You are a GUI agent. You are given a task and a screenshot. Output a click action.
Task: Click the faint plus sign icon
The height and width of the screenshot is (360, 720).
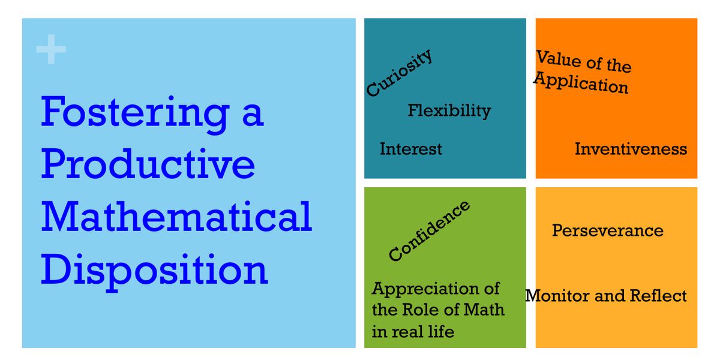point(51,50)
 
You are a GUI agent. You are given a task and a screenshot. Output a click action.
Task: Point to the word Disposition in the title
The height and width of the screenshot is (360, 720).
point(154,269)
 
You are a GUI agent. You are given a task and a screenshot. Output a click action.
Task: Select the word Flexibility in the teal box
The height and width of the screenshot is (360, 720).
point(449,110)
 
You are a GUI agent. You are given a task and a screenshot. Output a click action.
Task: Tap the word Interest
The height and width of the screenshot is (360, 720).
point(410,149)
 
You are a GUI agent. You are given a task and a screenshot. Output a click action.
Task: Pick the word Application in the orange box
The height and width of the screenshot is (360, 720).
point(581,83)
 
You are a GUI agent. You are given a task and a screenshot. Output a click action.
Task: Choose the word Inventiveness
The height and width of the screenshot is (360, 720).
point(631,149)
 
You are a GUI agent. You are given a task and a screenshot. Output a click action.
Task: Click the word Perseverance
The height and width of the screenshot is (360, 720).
point(607,230)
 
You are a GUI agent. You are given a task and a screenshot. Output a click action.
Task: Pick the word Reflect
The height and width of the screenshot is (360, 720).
point(658,296)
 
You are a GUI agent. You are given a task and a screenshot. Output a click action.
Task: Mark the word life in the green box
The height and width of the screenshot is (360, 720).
point(440,331)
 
